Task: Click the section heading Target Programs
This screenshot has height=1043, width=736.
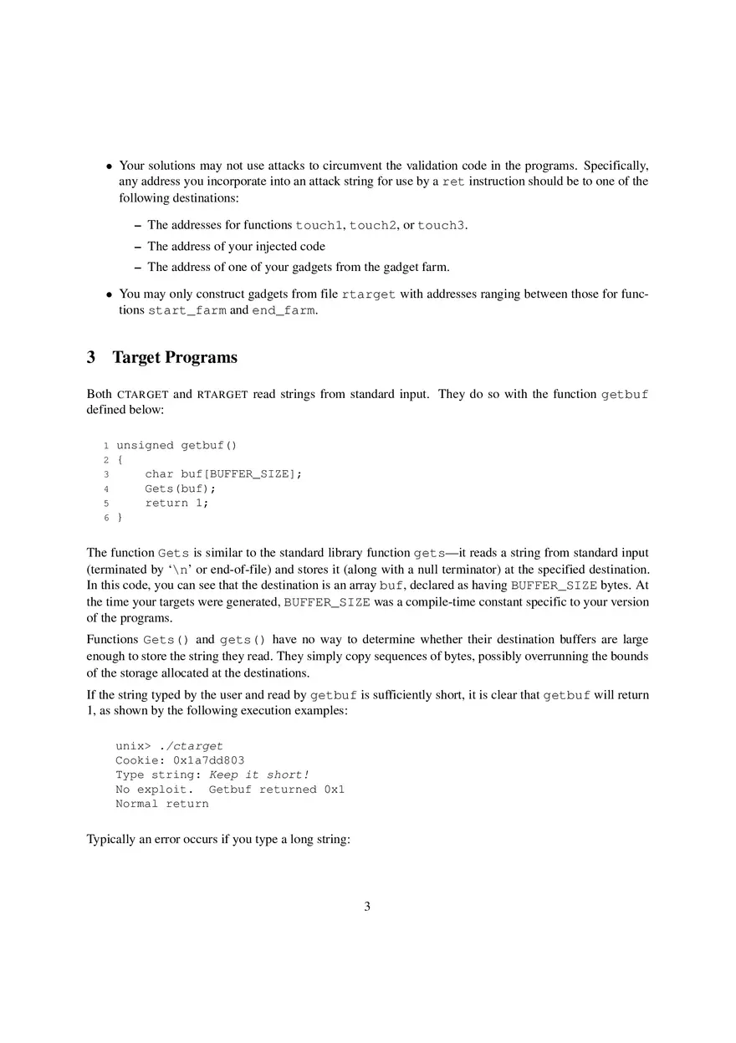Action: (174, 358)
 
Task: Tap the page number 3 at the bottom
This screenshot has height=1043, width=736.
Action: (367, 906)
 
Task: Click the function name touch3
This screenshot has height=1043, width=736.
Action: (441, 225)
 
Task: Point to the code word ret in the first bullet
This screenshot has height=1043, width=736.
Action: (453, 182)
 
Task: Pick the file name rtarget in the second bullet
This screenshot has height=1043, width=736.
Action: (368, 294)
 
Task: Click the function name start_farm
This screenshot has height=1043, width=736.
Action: (187, 310)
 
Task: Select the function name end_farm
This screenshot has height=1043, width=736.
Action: (284, 310)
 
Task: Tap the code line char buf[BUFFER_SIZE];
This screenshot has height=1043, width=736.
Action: (222, 474)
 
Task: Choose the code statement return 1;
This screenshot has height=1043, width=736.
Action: (176, 503)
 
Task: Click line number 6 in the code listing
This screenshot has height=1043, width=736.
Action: (106, 518)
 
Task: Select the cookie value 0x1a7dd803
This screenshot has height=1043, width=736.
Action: (208, 760)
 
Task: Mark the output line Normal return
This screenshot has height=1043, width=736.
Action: (162, 804)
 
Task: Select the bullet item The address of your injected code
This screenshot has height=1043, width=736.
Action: (236, 246)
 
